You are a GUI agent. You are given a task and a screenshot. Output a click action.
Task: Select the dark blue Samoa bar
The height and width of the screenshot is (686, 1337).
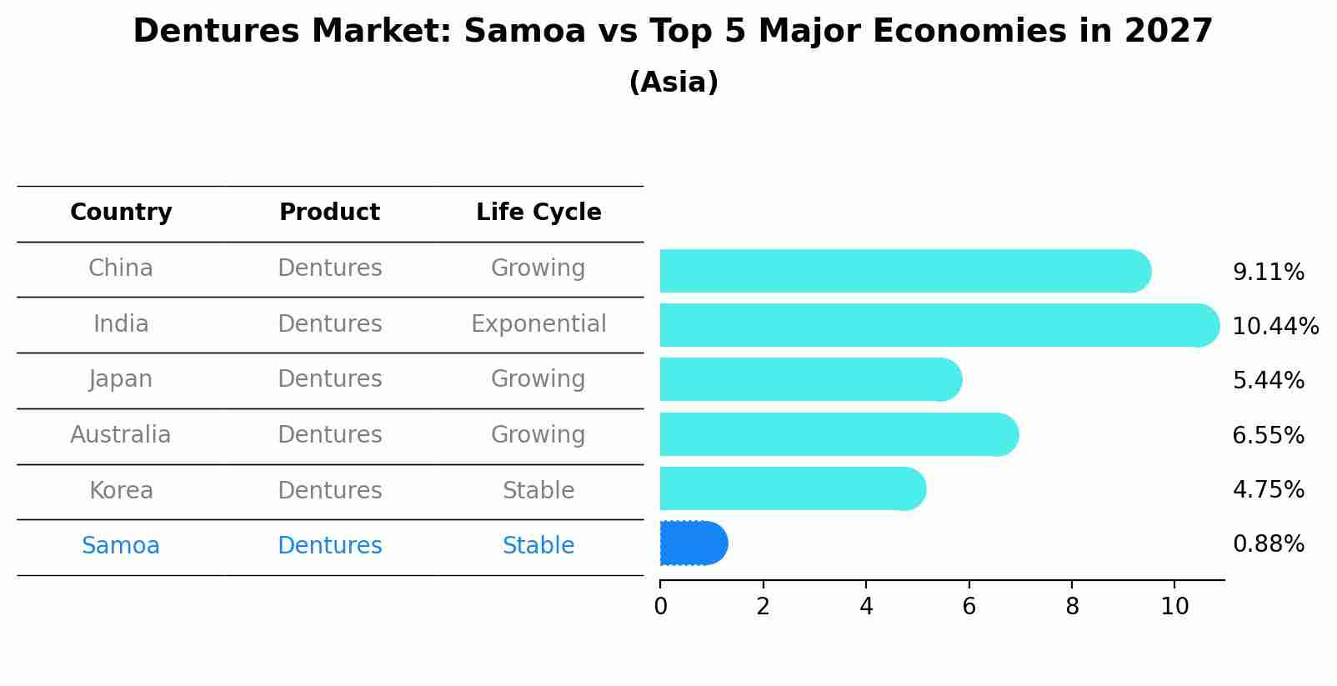[693, 543]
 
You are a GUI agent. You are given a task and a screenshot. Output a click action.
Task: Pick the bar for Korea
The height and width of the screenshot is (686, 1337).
[792, 488]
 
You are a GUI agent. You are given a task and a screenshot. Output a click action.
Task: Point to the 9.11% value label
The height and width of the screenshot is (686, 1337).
[1268, 273]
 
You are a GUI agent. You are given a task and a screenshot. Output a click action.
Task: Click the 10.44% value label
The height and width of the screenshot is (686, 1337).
[1274, 327]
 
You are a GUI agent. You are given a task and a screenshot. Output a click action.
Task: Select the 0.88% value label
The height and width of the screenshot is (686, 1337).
[1268, 544]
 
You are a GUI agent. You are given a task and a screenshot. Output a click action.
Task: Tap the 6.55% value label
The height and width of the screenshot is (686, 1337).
[1268, 435]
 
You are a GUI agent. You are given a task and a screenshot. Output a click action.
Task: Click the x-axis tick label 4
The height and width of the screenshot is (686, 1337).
[866, 607]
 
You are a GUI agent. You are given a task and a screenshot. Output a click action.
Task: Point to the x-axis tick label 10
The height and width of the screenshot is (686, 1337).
[1174, 607]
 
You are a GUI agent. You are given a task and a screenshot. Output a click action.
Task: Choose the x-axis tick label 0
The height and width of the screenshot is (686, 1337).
[660, 607]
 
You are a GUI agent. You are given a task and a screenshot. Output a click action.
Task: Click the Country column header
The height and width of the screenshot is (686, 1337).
[121, 213]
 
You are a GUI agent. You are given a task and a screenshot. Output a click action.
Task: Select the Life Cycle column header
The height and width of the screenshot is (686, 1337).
[538, 213]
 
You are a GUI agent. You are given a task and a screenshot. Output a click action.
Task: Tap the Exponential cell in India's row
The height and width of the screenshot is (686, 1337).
[538, 323]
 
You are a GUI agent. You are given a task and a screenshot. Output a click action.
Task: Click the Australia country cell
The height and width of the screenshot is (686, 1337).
[121, 434]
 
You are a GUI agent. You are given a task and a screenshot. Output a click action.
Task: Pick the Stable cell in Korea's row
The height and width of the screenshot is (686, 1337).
[538, 490]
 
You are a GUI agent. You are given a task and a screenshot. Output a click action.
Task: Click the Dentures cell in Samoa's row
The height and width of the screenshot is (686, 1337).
[329, 545]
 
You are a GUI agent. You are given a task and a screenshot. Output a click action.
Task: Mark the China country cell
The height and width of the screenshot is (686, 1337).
[121, 268]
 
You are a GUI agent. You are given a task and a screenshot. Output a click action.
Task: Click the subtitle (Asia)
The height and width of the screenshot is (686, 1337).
[674, 83]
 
